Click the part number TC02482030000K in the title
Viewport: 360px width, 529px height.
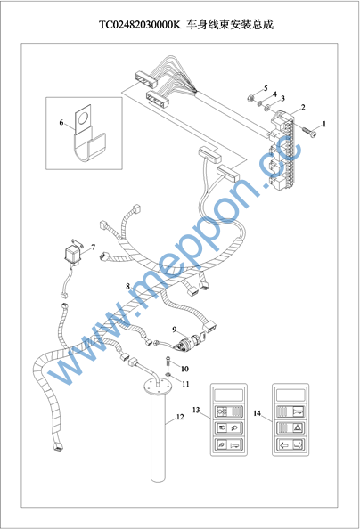click(x=140, y=25)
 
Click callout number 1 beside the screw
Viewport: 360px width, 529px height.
click(x=324, y=124)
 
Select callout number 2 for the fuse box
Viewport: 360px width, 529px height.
click(x=303, y=107)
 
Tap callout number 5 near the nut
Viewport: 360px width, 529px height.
click(x=266, y=88)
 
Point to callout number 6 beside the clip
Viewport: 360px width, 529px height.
click(x=61, y=122)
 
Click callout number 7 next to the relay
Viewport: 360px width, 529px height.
click(x=94, y=247)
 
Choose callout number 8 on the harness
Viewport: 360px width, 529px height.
click(x=127, y=286)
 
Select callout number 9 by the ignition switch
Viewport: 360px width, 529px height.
click(x=175, y=330)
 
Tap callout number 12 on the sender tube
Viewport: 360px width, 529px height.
click(x=180, y=417)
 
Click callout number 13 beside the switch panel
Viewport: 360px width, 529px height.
click(x=196, y=410)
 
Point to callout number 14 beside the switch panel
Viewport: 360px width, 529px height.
click(x=258, y=413)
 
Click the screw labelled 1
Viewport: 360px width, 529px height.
click(x=309, y=132)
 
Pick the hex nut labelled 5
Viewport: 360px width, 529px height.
click(x=250, y=99)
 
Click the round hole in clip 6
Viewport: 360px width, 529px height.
click(x=82, y=118)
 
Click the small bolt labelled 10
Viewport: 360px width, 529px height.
click(x=168, y=362)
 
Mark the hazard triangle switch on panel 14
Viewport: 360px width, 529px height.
click(x=290, y=427)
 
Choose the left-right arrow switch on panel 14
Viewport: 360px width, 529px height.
click(x=290, y=444)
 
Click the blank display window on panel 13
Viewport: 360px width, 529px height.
click(x=229, y=395)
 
